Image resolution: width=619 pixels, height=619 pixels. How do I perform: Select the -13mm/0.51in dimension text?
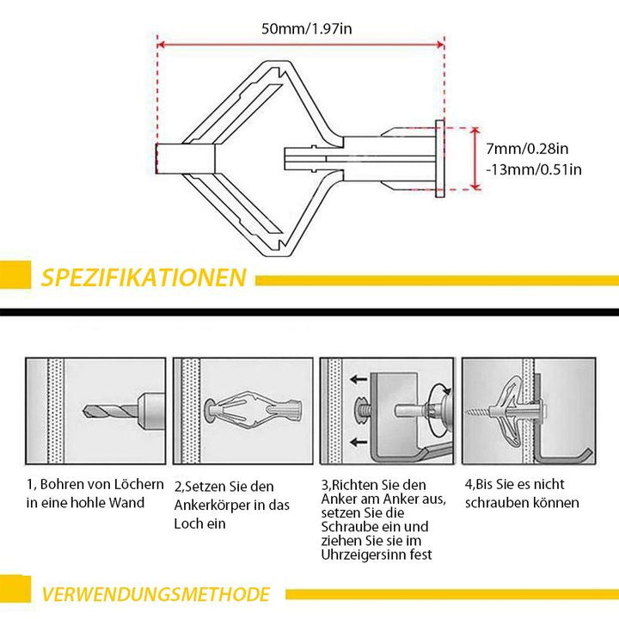533,169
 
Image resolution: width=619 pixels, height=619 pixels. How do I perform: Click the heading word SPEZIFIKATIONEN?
144,278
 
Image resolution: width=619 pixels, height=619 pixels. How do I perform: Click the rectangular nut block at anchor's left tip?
183,159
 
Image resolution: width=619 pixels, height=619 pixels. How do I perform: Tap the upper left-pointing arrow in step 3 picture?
358,377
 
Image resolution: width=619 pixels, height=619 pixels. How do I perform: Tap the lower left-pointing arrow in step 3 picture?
358,442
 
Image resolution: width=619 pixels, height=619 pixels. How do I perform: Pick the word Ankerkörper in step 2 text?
210,506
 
